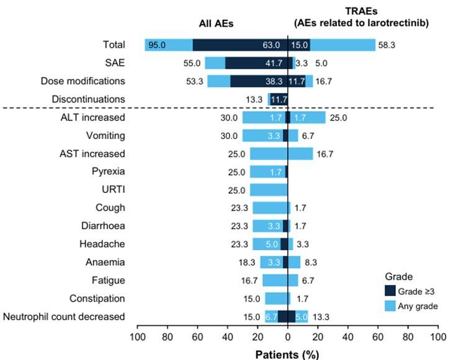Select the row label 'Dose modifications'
[83, 81]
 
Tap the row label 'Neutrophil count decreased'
[64, 317]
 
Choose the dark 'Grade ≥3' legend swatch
[390, 290]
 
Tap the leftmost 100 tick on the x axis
[137, 337]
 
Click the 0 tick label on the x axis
[287, 337]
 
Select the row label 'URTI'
[114, 190]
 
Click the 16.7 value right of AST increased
[326, 154]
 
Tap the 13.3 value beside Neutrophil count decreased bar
[321, 317]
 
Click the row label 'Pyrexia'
[109, 172]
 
